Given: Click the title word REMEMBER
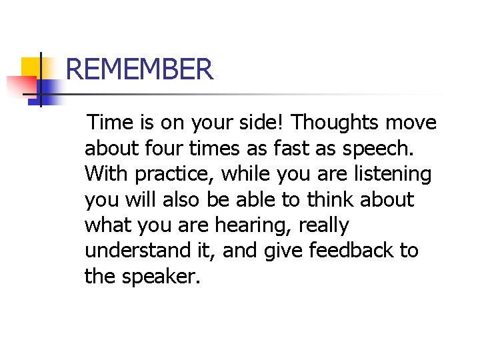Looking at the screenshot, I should (x=140, y=69).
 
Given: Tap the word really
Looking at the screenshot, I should (x=323, y=226).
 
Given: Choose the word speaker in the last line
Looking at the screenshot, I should (x=160, y=277).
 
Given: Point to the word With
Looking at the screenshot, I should (x=107, y=174).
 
